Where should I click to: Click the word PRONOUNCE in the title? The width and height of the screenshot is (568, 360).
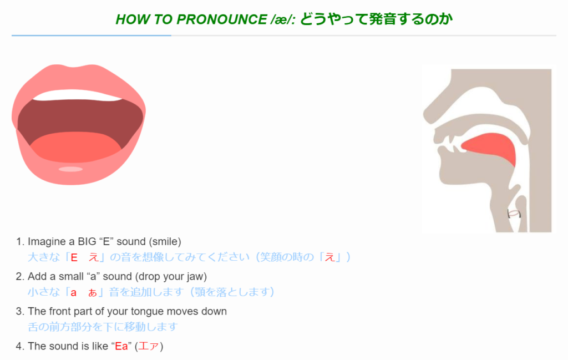(x=222, y=19)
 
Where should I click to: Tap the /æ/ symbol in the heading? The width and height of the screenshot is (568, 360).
(x=283, y=19)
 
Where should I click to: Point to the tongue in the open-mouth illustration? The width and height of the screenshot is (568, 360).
(x=75, y=147)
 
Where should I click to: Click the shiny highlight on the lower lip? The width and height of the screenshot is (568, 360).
(x=70, y=169)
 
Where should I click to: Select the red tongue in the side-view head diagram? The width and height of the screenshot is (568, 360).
(x=489, y=148)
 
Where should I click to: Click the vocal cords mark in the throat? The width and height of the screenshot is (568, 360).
(x=514, y=214)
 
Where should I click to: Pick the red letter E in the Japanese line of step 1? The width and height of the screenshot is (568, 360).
(x=74, y=257)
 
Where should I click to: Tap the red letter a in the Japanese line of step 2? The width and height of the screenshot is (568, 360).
(x=74, y=293)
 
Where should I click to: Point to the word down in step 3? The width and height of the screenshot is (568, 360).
(x=215, y=312)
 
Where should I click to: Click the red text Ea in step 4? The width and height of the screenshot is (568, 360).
(x=121, y=346)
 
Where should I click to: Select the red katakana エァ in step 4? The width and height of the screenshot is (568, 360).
(x=149, y=346)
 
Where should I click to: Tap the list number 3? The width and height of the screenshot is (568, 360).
(x=20, y=312)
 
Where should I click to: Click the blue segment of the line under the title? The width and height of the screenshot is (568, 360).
(x=92, y=36)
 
